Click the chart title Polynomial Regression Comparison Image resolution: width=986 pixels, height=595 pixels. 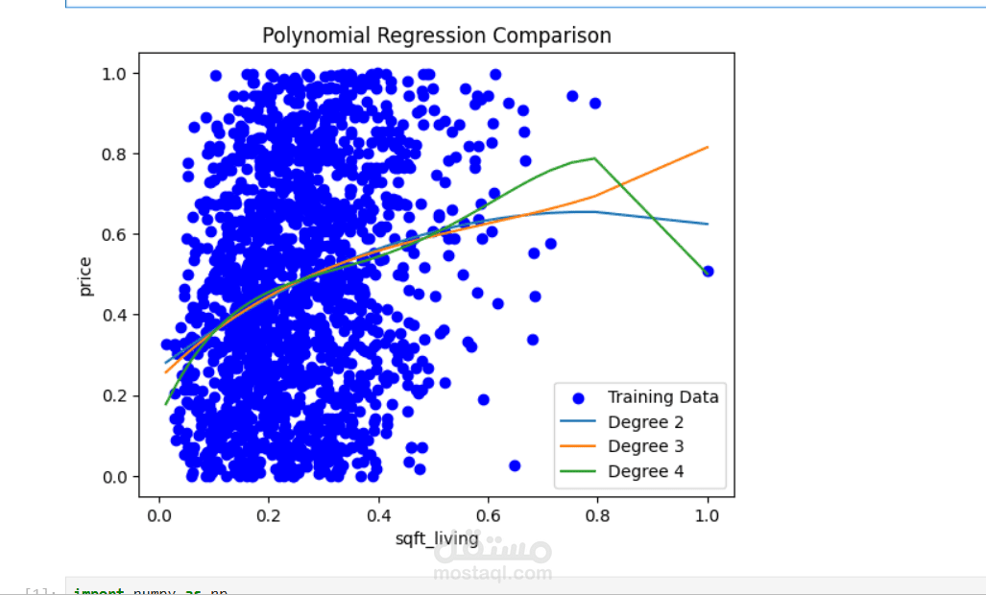point(437,36)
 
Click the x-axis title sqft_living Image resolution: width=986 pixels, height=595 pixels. point(437,538)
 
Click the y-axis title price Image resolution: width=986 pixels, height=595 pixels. point(86,275)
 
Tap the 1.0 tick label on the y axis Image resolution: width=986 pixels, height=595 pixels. point(119,73)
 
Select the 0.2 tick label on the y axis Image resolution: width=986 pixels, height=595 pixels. point(119,395)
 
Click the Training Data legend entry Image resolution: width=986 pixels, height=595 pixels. point(662,396)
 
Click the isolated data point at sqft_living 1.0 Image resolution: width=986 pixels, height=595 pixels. point(709,272)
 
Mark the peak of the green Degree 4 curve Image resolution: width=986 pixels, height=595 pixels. point(595,158)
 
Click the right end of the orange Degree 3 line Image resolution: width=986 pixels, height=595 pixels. point(709,147)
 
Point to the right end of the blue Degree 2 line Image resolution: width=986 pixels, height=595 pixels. point(709,224)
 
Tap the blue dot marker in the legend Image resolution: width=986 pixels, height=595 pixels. point(579,396)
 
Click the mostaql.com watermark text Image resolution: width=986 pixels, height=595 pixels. point(493,573)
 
